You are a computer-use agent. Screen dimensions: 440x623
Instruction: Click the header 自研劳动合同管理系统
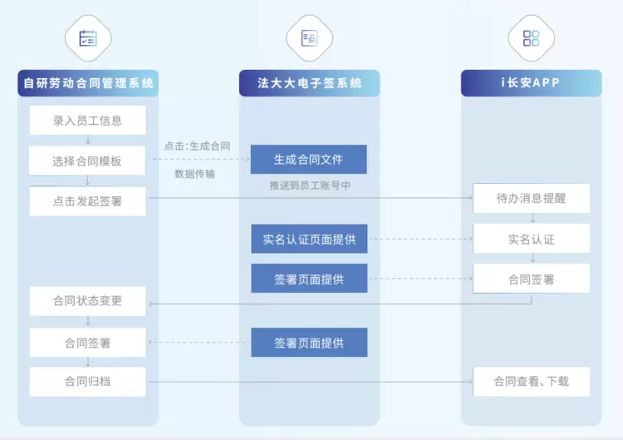coord(88,83)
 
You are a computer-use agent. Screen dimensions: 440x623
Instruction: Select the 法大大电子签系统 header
coord(310,83)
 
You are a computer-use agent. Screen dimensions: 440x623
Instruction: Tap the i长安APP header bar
coord(532,83)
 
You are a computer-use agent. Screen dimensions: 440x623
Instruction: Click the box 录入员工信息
coord(88,121)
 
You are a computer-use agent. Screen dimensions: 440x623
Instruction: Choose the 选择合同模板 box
coord(88,161)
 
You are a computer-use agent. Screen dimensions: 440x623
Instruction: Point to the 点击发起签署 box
coord(88,201)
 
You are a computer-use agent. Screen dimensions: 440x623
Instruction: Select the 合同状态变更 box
coord(88,301)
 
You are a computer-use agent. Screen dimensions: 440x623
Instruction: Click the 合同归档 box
coord(88,383)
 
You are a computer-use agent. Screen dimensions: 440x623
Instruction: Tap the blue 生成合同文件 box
coord(309,160)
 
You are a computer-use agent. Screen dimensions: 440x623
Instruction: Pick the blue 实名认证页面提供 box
coord(309,240)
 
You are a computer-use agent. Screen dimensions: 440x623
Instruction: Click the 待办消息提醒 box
coord(532,199)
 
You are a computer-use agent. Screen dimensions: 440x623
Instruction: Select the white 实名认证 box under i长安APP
coord(532,240)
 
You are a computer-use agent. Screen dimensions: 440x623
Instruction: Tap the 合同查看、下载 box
coord(532,383)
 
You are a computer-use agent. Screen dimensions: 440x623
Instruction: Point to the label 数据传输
coord(196,175)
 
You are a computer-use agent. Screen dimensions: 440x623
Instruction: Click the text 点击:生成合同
coord(198,146)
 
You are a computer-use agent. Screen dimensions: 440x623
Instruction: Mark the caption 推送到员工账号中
coord(310,185)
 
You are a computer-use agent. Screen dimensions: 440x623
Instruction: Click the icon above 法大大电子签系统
coord(310,38)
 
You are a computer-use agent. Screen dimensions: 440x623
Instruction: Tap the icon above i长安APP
coord(532,38)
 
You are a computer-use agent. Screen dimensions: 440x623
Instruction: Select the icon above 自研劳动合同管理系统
coord(88,38)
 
